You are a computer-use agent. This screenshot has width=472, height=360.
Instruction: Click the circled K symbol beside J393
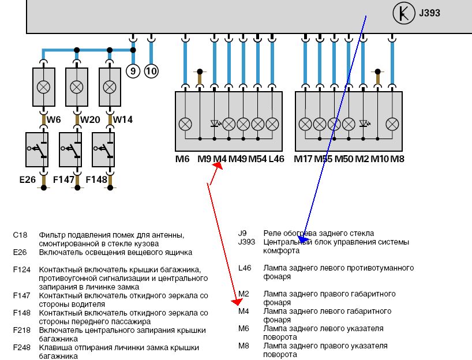tap(402, 13)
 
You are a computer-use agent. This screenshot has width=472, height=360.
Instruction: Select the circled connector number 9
tap(133, 71)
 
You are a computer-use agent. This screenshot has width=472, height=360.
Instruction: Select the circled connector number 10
tap(151, 71)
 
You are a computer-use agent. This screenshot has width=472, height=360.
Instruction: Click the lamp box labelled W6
tap(43, 87)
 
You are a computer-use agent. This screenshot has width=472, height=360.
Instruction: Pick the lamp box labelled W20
tap(76, 87)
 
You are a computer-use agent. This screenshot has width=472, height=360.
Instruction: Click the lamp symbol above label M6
tap(185, 123)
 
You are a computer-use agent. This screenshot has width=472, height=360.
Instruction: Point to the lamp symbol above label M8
tap(392, 123)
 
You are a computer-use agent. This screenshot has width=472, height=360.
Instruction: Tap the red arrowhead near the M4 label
tap(218, 166)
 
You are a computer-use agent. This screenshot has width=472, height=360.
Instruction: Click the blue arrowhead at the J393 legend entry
tap(303, 239)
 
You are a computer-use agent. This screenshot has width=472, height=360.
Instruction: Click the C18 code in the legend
tap(20, 235)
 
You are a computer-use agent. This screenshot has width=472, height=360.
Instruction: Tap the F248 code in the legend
tap(21, 348)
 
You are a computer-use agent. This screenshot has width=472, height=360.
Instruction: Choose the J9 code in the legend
tap(242, 233)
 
